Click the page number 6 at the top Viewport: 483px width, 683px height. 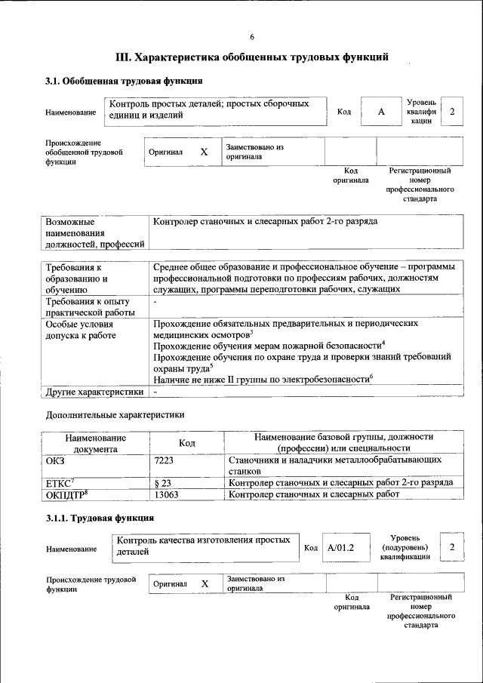click(252, 37)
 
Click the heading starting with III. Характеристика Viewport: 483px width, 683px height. click(251, 57)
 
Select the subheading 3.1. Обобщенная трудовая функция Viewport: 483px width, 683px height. click(124, 81)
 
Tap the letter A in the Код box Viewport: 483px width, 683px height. click(381, 112)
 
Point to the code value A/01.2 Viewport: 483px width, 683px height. click(341, 547)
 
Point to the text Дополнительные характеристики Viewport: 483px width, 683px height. click(115, 414)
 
